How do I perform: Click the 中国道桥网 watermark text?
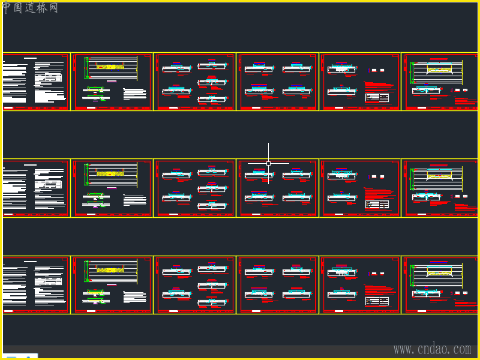click(x=31, y=8)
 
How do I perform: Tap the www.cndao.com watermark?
click(x=432, y=349)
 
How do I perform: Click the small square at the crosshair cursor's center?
click(x=268, y=163)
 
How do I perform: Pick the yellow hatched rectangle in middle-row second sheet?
click(x=110, y=173)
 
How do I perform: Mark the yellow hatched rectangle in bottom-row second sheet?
click(x=111, y=271)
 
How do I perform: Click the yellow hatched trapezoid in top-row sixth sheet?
click(x=440, y=70)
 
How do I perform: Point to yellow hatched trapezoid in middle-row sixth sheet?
click(x=440, y=176)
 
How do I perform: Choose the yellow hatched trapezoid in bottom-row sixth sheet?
click(x=440, y=273)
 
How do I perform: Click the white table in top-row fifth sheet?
click(x=377, y=97)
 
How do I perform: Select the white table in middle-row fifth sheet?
click(x=377, y=204)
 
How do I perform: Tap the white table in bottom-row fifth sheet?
click(x=377, y=301)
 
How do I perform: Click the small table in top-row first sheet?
click(x=48, y=77)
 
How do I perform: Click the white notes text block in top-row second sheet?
click(x=134, y=94)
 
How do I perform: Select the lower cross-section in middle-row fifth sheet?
click(x=343, y=197)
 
